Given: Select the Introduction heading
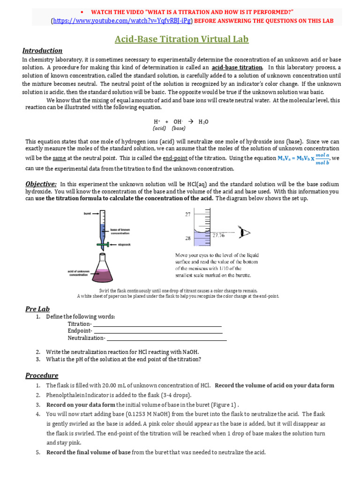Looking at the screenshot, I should pyautogui.click(x=42, y=51).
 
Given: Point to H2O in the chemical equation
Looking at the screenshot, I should pyautogui.click(x=203, y=121).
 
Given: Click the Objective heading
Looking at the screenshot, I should pyautogui.click(x=41, y=184).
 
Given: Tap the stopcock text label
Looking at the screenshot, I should pyautogui.click(x=124, y=245).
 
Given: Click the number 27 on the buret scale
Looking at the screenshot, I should pyautogui.click(x=187, y=214).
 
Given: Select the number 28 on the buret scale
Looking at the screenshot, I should pyautogui.click(x=187, y=238).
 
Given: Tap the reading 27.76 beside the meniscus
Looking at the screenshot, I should pyautogui.click(x=218, y=236).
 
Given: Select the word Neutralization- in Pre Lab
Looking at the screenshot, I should pyautogui.click(x=86, y=337).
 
